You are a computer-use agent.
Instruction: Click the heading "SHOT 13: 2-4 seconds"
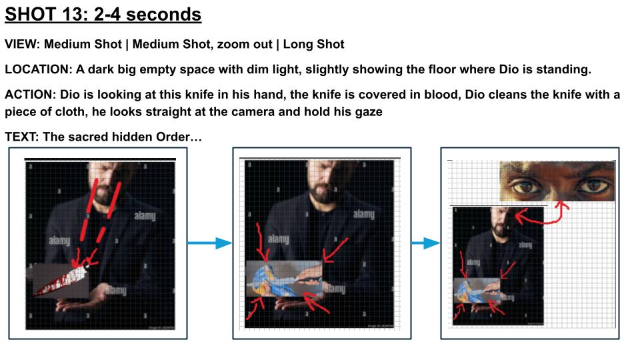103,15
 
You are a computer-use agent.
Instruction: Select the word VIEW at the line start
21,44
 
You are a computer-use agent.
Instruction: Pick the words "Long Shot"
313,44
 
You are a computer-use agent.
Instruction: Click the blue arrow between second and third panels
425,243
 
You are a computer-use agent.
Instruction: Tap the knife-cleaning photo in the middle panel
285,279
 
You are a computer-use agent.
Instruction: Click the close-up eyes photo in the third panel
557,181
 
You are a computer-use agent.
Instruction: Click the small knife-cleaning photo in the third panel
477,291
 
